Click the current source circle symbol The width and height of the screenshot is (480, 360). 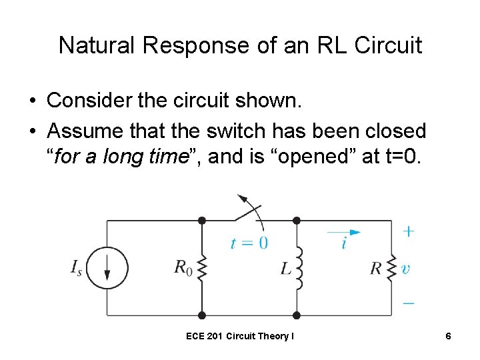click(x=107, y=268)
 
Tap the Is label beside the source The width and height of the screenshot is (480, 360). click(x=76, y=268)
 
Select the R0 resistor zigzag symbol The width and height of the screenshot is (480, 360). click(x=202, y=269)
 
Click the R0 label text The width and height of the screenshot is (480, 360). click(x=183, y=268)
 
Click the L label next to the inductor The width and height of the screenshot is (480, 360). click(x=285, y=269)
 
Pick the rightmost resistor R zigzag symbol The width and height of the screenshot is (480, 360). click(x=392, y=268)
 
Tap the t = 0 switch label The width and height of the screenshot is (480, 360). click(x=249, y=243)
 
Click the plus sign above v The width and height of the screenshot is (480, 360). click(x=408, y=231)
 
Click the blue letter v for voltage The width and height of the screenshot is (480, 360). click(x=405, y=269)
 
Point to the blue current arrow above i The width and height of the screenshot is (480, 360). click(x=344, y=232)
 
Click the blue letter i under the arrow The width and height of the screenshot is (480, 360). click(x=343, y=244)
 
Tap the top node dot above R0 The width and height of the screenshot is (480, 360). click(x=202, y=220)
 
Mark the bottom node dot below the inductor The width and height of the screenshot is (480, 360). click(x=297, y=315)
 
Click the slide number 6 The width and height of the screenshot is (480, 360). click(x=449, y=337)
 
